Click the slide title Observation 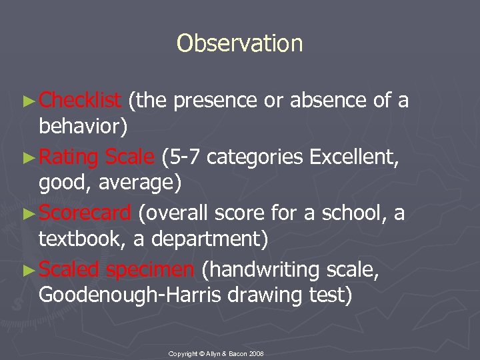pyautogui.click(x=239, y=43)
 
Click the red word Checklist pyautogui.click(x=80, y=100)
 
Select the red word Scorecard pyautogui.click(x=85, y=213)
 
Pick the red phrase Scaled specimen pyautogui.click(x=117, y=270)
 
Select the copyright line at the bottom pyautogui.click(x=216, y=353)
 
